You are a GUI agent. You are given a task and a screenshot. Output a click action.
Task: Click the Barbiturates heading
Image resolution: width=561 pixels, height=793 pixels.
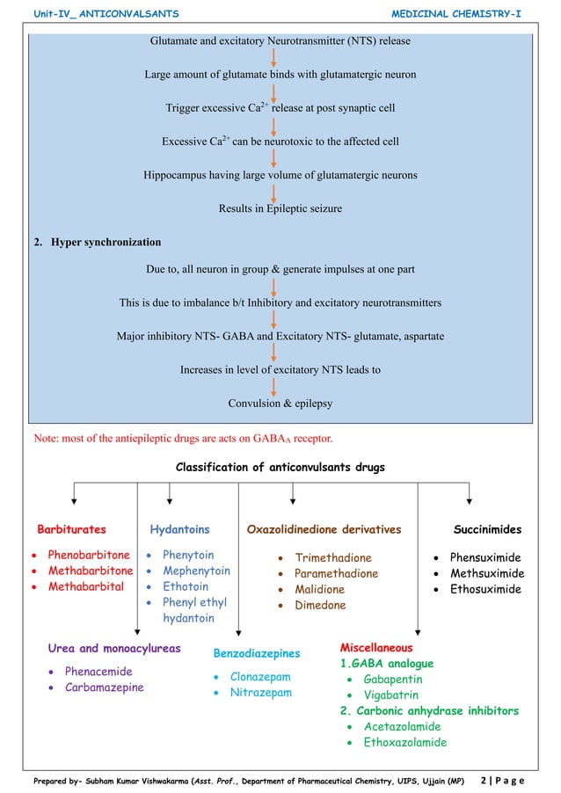[x=71, y=529]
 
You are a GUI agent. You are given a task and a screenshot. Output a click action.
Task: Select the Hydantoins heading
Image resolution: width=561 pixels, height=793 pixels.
[x=179, y=529]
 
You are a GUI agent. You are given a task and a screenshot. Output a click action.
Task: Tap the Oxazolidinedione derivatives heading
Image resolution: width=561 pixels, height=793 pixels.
[x=324, y=529]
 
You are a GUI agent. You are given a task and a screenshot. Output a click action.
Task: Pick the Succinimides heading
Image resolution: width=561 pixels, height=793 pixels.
[x=487, y=529]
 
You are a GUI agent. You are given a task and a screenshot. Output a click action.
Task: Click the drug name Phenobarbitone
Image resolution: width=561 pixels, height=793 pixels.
[x=88, y=556]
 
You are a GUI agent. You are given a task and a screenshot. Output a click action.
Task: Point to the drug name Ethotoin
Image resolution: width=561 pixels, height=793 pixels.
[x=186, y=586]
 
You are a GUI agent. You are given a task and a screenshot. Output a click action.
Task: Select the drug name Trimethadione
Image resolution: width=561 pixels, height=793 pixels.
[x=333, y=557]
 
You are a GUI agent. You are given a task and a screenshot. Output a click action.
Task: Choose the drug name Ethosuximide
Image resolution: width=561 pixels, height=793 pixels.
[x=485, y=589]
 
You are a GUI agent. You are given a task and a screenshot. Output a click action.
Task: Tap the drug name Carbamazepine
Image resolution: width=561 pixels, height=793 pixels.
[x=104, y=688]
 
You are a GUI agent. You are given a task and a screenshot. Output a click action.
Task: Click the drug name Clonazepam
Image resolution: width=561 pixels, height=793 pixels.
[x=260, y=677]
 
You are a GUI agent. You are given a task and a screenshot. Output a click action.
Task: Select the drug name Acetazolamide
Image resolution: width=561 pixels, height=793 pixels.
[x=403, y=726]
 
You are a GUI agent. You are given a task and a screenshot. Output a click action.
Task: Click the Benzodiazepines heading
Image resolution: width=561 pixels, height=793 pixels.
[x=257, y=653]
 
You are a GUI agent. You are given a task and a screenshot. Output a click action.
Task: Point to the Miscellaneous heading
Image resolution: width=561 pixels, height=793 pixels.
[x=375, y=647]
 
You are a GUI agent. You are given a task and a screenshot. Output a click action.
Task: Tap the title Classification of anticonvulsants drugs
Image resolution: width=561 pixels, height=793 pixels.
[x=280, y=468]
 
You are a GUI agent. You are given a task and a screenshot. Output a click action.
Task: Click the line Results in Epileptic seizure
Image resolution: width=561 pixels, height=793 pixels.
[x=280, y=208]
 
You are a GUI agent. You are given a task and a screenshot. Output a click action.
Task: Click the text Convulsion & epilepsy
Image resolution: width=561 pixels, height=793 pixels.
[x=280, y=404]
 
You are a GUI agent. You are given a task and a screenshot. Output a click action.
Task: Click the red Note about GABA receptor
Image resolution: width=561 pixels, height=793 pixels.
[x=183, y=437]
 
